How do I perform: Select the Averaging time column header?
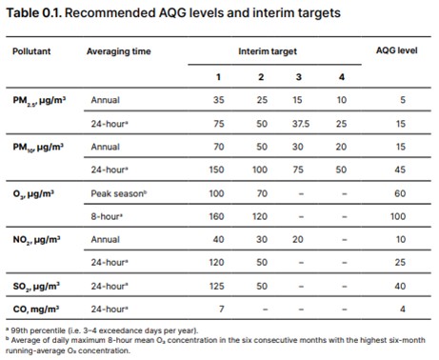click(x=115, y=49)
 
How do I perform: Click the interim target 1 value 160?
click(x=218, y=216)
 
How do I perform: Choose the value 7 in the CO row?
click(x=219, y=310)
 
